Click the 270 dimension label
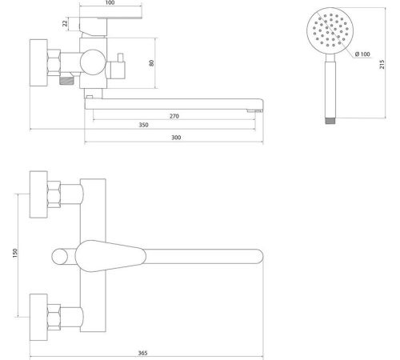(x=174, y=116)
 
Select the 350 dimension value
(x=143, y=125)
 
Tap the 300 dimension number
(x=176, y=138)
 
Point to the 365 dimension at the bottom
(x=142, y=353)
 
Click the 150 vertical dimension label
(x=15, y=253)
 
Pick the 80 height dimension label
(x=151, y=63)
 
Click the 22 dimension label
(x=65, y=23)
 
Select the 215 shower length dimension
(x=382, y=65)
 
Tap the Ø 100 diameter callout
(x=362, y=54)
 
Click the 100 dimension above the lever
(x=110, y=2)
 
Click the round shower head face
(x=330, y=30)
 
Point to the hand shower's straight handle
(x=330, y=90)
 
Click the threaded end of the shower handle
(x=330, y=121)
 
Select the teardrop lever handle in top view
(x=110, y=256)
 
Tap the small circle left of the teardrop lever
(x=59, y=256)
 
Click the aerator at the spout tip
(x=254, y=110)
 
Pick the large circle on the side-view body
(x=93, y=62)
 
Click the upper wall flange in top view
(x=38, y=194)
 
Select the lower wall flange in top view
(x=38, y=318)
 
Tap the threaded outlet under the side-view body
(x=66, y=81)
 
